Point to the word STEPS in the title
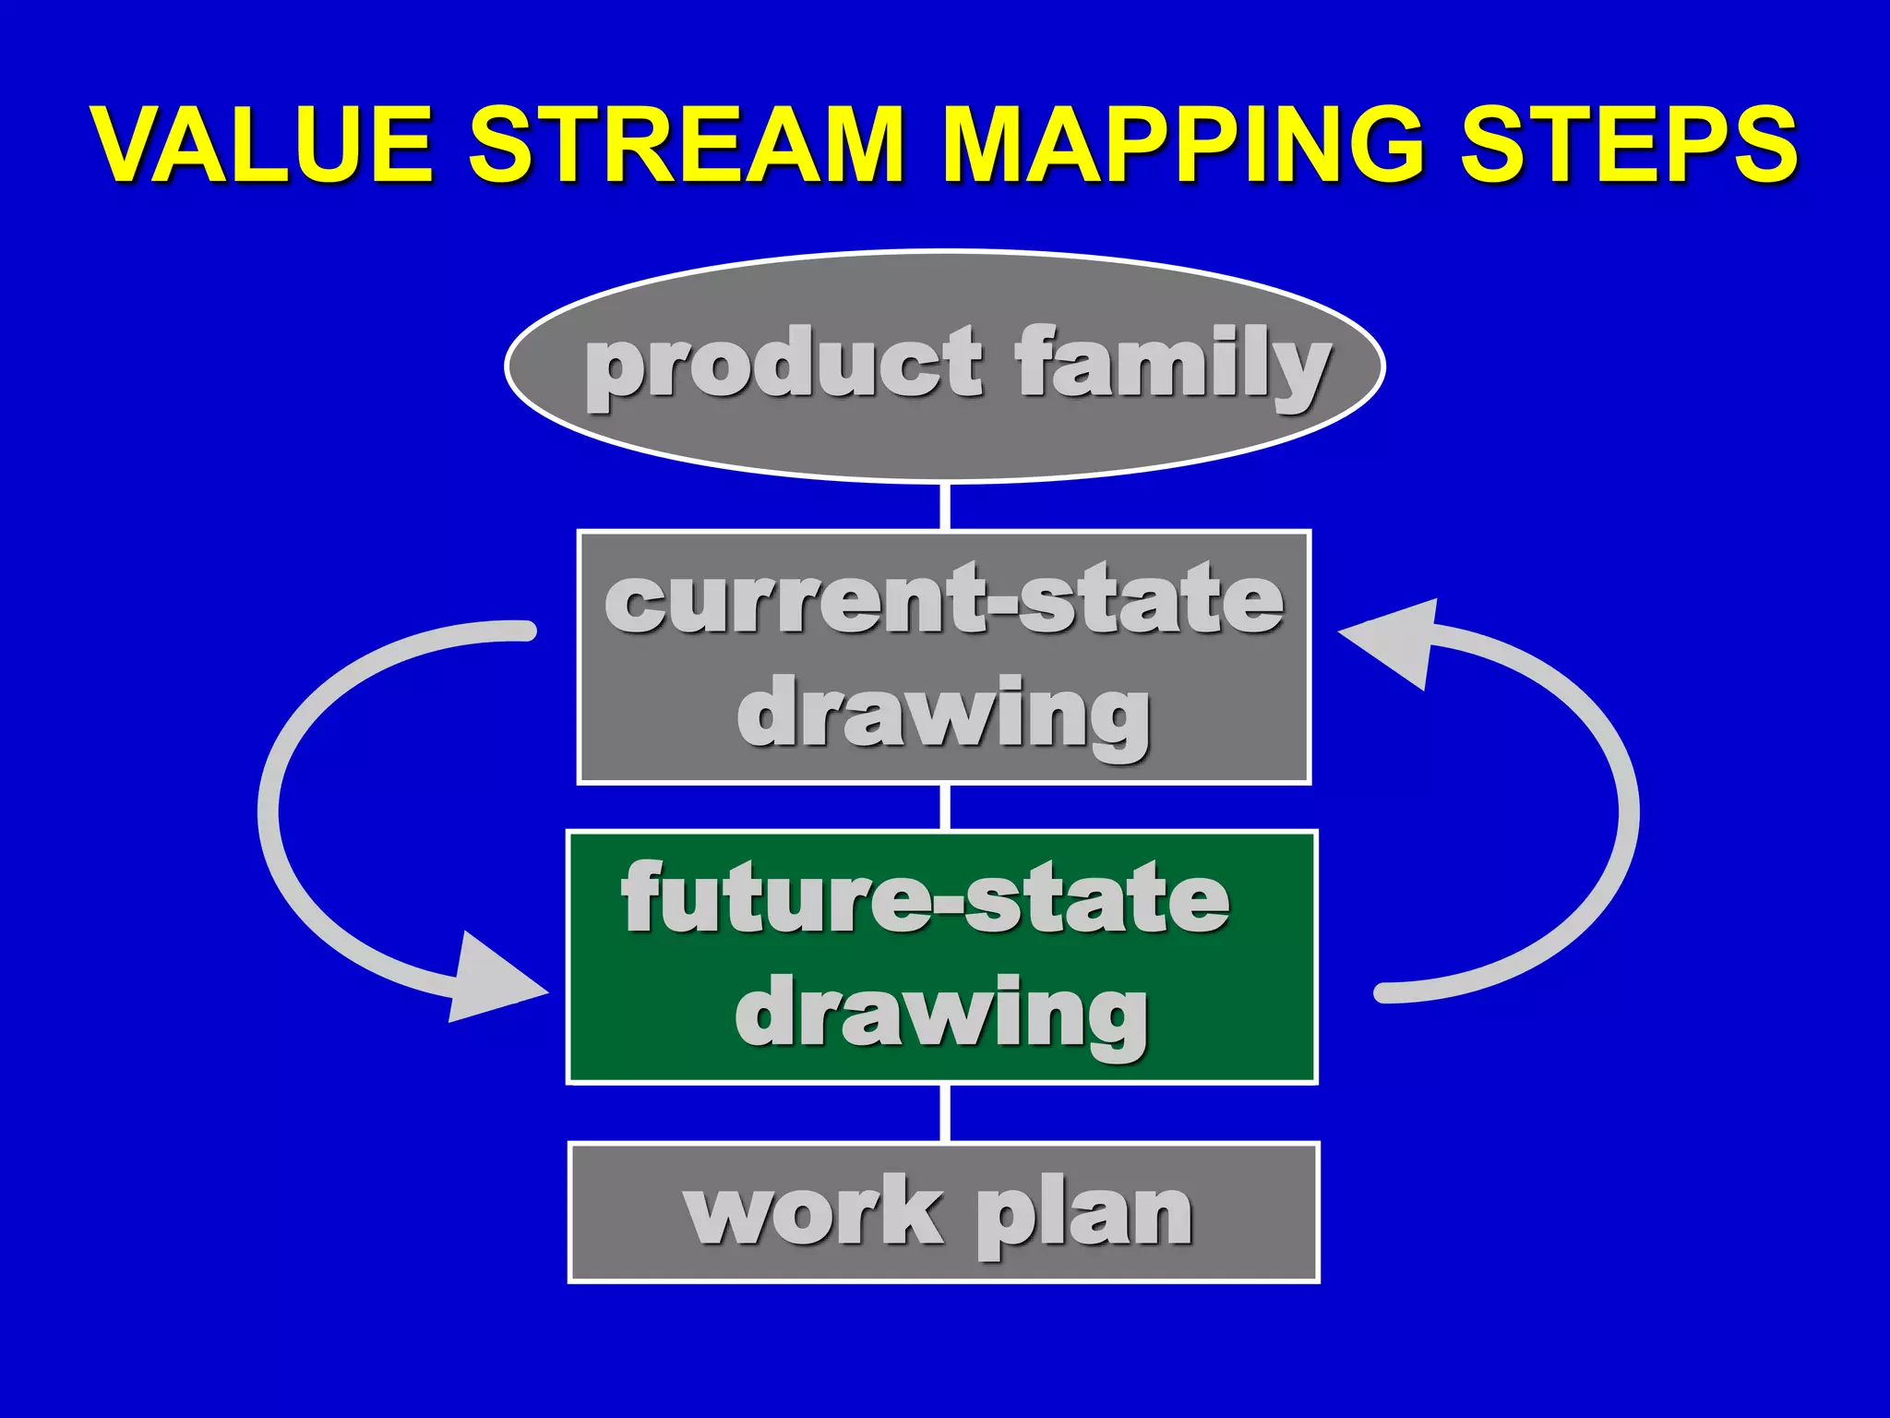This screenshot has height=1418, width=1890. coord(1629,145)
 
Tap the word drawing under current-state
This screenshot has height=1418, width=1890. coord(943,715)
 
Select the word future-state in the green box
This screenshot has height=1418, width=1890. coord(926,898)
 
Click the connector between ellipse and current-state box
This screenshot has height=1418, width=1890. coord(945,506)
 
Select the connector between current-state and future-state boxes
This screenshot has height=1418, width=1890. coord(945,807)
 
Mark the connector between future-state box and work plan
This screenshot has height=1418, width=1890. coord(945,1112)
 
